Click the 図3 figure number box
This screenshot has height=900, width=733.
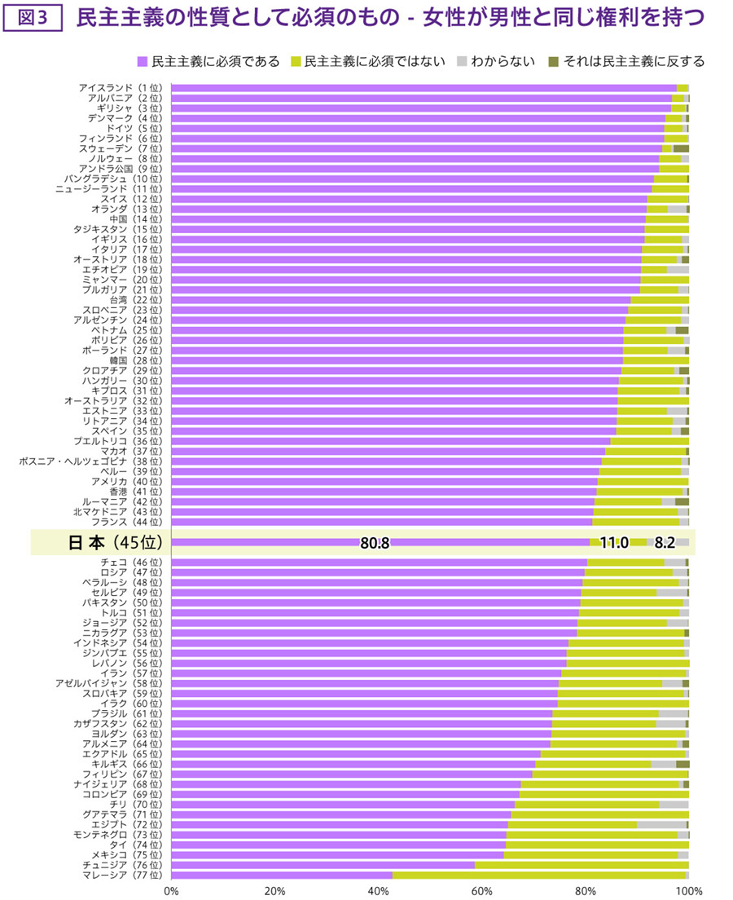pyautogui.click(x=33, y=18)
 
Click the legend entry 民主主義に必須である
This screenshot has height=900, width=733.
pyautogui.click(x=208, y=61)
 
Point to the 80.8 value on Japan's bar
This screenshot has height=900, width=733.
pyautogui.click(x=374, y=543)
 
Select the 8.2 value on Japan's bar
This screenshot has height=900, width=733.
pyautogui.click(x=665, y=543)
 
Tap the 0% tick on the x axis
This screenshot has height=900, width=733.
pyautogui.click(x=172, y=890)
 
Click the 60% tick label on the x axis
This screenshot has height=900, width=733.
pyautogui.click(x=482, y=890)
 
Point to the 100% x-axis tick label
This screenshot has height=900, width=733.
pyautogui.click(x=688, y=890)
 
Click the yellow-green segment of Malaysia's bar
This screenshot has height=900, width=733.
pyautogui.click(x=538, y=875)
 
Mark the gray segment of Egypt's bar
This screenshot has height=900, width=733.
pyautogui.click(x=661, y=824)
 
